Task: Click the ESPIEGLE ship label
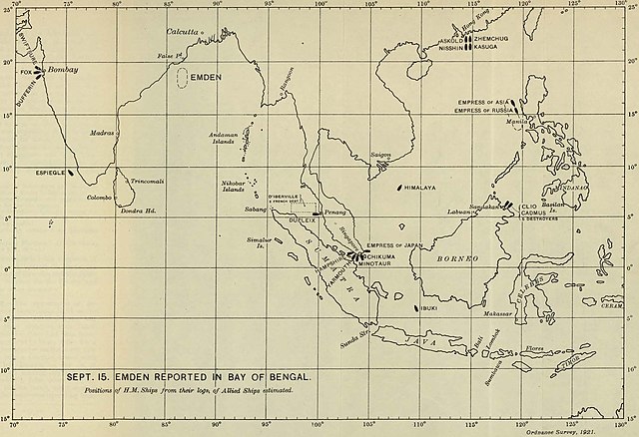point(49,172)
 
